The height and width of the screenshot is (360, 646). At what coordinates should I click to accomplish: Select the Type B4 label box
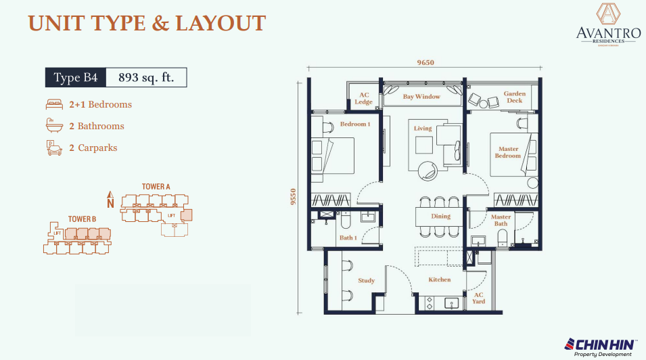pos(76,78)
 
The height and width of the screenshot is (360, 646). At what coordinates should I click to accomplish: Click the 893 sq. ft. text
pos(146,78)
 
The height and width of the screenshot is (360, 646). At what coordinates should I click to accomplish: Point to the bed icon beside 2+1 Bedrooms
pos(53,105)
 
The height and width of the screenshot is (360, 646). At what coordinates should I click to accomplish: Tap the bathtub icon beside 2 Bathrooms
pos(53,126)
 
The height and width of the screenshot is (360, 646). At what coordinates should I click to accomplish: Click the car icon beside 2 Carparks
pos(53,148)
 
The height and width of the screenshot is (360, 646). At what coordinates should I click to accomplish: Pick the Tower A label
pos(156,186)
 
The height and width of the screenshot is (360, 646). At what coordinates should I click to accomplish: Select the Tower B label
pos(82,219)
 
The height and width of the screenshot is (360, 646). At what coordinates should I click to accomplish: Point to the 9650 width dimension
pos(425,63)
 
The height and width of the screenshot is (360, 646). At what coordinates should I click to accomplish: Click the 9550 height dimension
pos(294,196)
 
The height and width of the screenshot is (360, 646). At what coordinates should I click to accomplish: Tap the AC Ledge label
pos(364,99)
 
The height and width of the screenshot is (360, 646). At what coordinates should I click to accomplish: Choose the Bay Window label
pos(421,97)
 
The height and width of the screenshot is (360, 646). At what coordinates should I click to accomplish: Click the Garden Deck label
pos(514,97)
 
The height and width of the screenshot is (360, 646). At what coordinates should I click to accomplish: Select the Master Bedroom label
pos(508,152)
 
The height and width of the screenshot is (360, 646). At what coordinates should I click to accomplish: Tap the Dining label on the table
pos(440,217)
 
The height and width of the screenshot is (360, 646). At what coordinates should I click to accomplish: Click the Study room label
pos(366,280)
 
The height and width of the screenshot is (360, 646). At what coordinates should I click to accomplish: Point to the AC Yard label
pos(478,298)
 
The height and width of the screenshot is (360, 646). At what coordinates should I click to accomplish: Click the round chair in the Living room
pos(428,171)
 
